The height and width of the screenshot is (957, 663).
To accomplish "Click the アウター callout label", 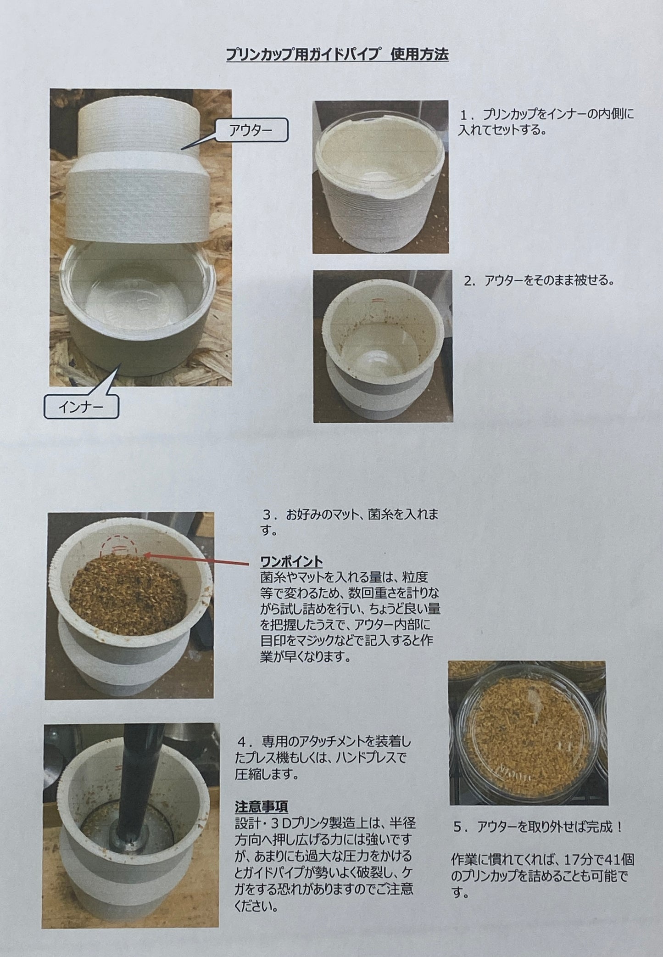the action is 251,131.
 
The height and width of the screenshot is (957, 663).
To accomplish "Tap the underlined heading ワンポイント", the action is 291,561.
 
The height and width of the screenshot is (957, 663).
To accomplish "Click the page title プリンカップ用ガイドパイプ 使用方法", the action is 337,56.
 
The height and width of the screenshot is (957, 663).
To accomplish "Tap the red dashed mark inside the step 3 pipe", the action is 119,546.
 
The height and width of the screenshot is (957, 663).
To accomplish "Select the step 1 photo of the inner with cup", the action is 380,177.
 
